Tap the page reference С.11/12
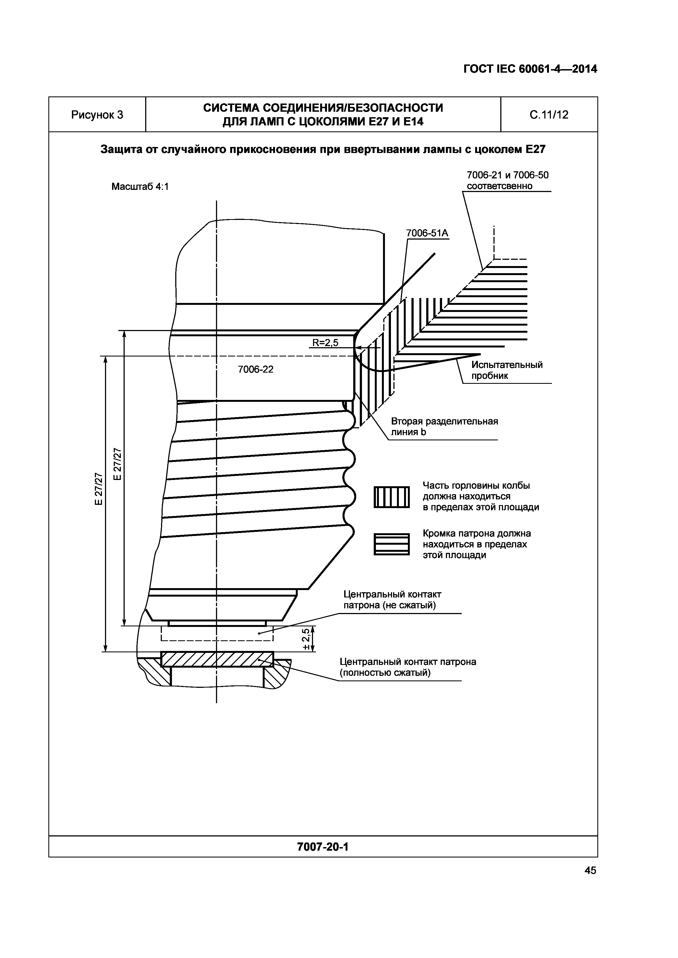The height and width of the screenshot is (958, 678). tap(549, 115)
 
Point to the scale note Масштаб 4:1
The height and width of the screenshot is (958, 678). tap(140, 187)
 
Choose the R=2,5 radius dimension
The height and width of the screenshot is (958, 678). tap(325, 343)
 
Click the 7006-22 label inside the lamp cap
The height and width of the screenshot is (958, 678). tap(256, 369)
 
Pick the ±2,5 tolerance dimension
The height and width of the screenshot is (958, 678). tap(307, 639)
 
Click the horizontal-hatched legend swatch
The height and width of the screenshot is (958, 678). tap(391, 544)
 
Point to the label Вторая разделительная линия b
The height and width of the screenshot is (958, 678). tap(444, 426)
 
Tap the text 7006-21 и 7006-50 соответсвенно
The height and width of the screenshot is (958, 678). tap(507, 180)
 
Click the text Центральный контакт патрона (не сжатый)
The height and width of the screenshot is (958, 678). tap(392, 600)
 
